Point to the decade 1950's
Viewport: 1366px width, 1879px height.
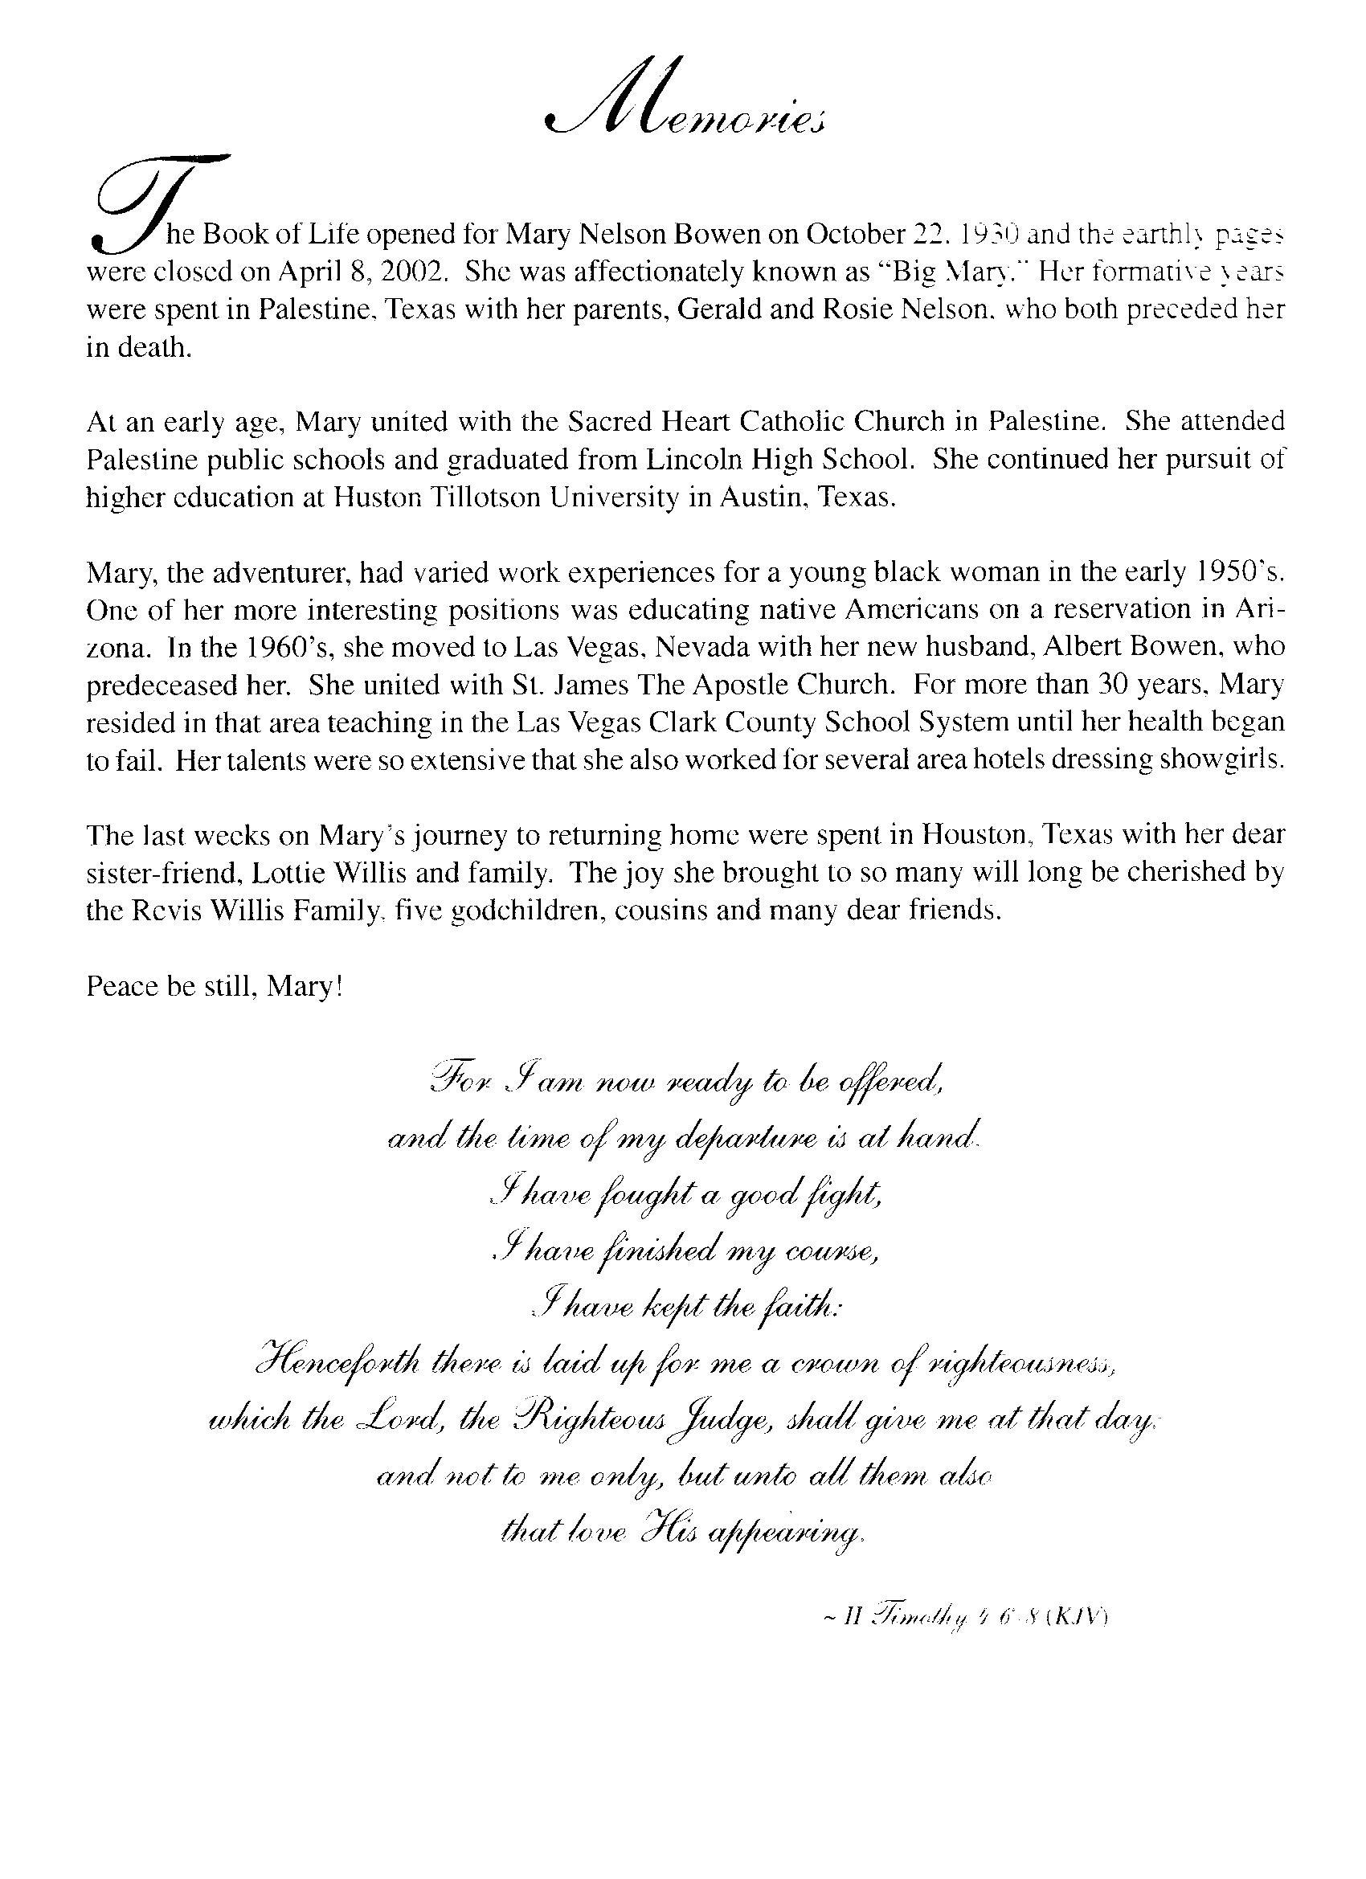click(1239, 572)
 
